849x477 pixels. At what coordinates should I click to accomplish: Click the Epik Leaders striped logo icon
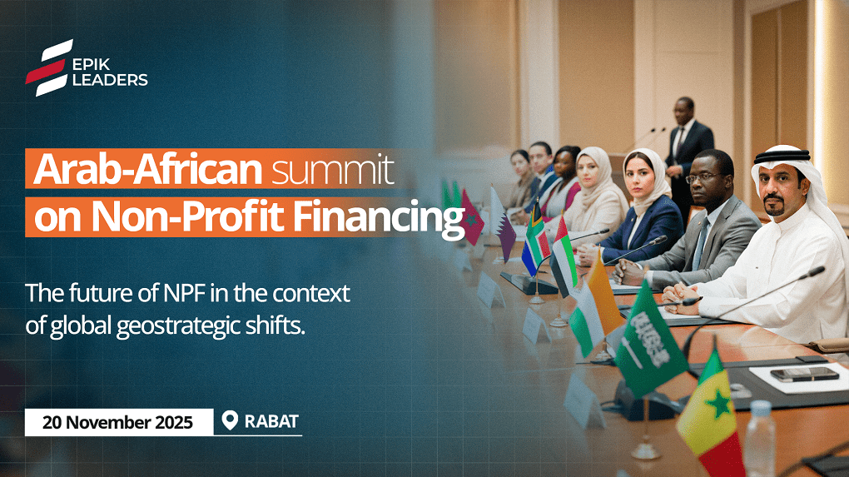pos(49,67)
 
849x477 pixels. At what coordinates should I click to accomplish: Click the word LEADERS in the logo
pos(110,80)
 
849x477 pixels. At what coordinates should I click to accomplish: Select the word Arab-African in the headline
pos(148,170)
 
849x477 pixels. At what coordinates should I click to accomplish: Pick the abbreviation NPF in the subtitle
pos(184,294)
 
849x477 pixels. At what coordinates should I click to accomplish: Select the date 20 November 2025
pos(117,422)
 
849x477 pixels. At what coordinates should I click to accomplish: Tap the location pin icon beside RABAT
pos(230,420)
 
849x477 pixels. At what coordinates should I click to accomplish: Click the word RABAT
pos(271,421)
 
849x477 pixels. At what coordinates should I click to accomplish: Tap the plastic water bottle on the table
pos(760,439)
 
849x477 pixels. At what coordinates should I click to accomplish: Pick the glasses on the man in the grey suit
pos(703,177)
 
